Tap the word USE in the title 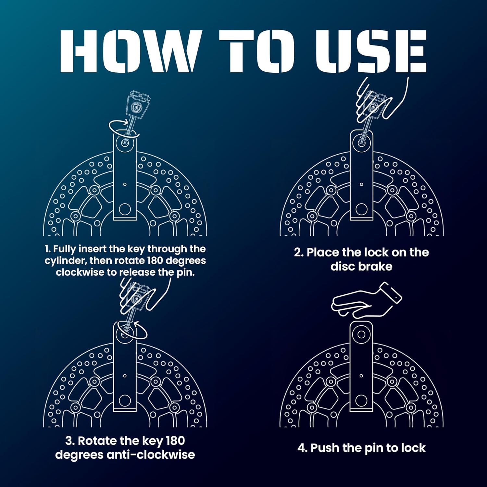coord(371,51)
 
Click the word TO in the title coord(257,51)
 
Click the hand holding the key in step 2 coord(383,97)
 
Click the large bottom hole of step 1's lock coord(125,209)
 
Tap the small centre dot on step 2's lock coord(361,184)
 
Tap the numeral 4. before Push coord(302,448)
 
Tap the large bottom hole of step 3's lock coord(125,401)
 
